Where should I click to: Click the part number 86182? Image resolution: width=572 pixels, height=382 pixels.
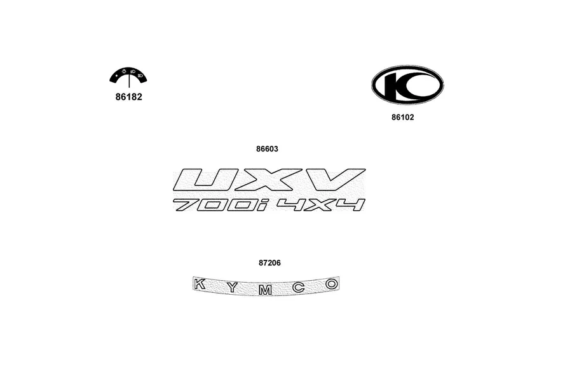[x=129, y=97]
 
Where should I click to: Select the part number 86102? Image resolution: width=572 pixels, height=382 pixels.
[x=403, y=117]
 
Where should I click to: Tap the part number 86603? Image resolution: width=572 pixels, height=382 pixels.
[x=267, y=149]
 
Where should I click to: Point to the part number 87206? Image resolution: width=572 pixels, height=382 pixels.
[x=269, y=263]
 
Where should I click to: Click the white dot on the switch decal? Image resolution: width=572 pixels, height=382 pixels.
[x=116, y=76]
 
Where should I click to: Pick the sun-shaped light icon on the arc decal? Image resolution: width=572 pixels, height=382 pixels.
[x=124, y=71]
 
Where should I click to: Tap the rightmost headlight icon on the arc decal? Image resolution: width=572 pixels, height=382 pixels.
[x=140, y=76]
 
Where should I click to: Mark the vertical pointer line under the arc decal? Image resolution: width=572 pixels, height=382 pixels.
[x=129, y=80]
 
